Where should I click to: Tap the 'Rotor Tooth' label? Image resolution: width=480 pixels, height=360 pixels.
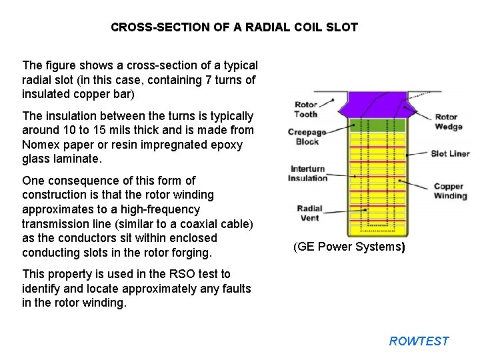point(306,109)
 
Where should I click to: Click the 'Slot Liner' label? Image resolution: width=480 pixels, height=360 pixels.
point(450,153)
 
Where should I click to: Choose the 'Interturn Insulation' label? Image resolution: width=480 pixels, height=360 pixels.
point(308,173)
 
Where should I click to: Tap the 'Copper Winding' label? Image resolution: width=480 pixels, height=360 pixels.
point(450,191)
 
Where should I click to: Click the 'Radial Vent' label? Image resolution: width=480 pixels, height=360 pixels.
point(310,213)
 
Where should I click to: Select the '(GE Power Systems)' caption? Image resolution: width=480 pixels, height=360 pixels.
point(349,247)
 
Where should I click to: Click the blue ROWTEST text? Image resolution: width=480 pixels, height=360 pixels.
point(419,341)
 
